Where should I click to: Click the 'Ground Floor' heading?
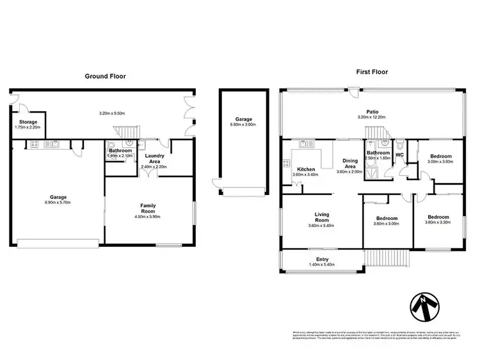point(105,76)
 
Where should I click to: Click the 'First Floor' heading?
point(372,73)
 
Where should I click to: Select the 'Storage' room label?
point(28,121)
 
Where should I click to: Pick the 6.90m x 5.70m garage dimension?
point(56,203)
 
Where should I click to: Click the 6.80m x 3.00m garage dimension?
point(243,125)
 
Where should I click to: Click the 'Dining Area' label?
point(350,164)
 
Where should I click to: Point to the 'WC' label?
point(400,155)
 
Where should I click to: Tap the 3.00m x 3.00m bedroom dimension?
point(440,162)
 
